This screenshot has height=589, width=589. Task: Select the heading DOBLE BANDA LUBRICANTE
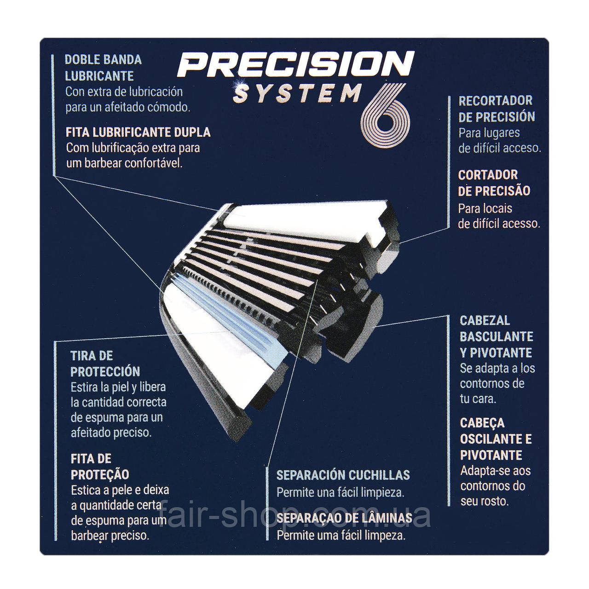(x=103, y=68)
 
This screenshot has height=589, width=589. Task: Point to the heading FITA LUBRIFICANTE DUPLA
(x=138, y=132)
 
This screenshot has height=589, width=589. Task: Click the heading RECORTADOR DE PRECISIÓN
(x=497, y=109)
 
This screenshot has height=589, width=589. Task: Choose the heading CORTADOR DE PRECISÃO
(x=494, y=183)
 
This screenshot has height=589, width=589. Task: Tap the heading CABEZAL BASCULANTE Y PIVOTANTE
(x=496, y=336)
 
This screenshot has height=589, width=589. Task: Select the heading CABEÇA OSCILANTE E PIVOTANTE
(x=496, y=439)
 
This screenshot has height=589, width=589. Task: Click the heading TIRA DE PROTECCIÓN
(x=105, y=364)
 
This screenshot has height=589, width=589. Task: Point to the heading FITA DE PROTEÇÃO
(x=100, y=467)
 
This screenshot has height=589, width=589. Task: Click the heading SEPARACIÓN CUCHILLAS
(x=343, y=475)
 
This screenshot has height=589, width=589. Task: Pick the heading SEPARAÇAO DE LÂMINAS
(x=344, y=518)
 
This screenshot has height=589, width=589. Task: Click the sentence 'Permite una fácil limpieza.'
(x=340, y=492)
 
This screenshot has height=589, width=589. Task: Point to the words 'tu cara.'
(x=478, y=398)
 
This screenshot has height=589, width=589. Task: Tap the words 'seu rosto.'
(x=485, y=501)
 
